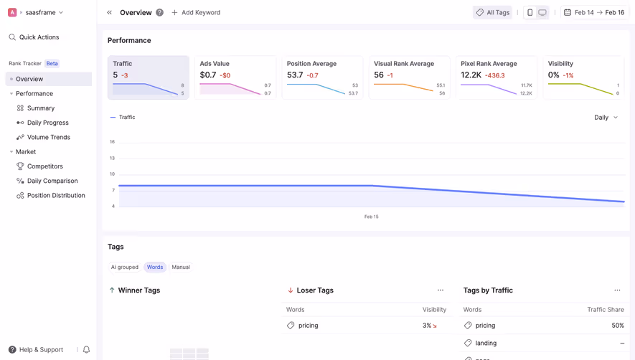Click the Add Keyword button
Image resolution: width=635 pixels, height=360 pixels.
click(196, 12)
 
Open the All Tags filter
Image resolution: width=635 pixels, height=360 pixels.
click(493, 12)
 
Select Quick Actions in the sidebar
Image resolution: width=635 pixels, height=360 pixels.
click(39, 37)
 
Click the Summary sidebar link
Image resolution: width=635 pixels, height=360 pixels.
click(41, 108)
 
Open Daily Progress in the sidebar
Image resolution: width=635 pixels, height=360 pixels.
click(47, 123)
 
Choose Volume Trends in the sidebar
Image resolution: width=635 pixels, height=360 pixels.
click(48, 137)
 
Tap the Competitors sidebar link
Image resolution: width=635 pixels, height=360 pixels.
click(44, 166)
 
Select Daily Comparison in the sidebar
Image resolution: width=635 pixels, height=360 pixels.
click(52, 181)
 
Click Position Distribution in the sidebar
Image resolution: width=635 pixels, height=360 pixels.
click(56, 195)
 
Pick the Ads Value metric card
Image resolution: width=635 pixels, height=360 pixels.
click(235, 77)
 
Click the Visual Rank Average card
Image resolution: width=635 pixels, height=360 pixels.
click(409, 77)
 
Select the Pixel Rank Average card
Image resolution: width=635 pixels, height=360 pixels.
click(496, 77)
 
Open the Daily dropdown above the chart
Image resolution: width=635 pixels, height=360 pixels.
click(606, 118)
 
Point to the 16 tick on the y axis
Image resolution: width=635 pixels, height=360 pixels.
click(112, 142)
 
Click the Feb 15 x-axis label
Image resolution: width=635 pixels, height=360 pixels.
click(371, 217)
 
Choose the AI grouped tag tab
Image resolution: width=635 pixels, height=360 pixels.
click(125, 267)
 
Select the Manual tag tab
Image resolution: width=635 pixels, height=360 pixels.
click(181, 267)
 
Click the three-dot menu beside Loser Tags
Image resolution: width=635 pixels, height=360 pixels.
click(441, 290)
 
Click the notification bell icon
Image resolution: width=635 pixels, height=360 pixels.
click(86, 350)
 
